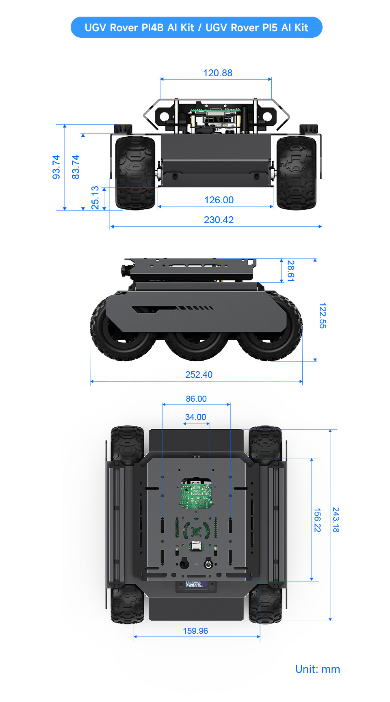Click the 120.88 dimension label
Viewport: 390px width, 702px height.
(x=218, y=73)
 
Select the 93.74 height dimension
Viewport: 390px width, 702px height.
(x=56, y=167)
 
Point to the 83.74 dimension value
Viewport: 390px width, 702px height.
(x=76, y=167)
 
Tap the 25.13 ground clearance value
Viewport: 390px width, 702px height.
(x=95, y=198)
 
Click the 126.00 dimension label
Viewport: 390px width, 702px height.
(x=219, y=200)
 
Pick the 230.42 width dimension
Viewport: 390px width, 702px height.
(x=219, y=220)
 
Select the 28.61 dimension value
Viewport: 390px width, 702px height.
(x=290, y=271)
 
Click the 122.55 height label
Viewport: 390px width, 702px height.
(x=323, y=315)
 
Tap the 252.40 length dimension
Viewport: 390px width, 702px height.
(x=199, y=375)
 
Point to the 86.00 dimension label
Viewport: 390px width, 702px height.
(x=196, y=399)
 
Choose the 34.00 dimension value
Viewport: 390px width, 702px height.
(x=195, y=417)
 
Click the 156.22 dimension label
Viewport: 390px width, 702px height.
(x=317, y=520)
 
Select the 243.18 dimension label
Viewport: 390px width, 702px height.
(x=336, y=520)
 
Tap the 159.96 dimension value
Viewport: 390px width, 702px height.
(x=195, y=631)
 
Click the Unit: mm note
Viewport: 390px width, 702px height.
(x=317, y=669)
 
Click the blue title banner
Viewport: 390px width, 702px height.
(x=196, y=28)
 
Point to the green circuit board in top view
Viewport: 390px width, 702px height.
(x=196, y=493)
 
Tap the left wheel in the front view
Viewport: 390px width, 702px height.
(x=135, y=173)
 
